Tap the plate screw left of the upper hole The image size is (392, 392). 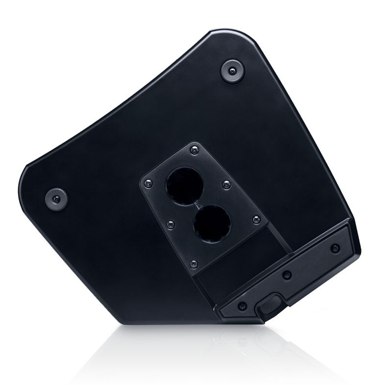tap(147, 183)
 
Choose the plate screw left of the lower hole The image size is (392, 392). tap(171, 224)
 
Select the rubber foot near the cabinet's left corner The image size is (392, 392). tap(56, 198)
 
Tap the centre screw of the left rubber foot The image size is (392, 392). tap(56, 198)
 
